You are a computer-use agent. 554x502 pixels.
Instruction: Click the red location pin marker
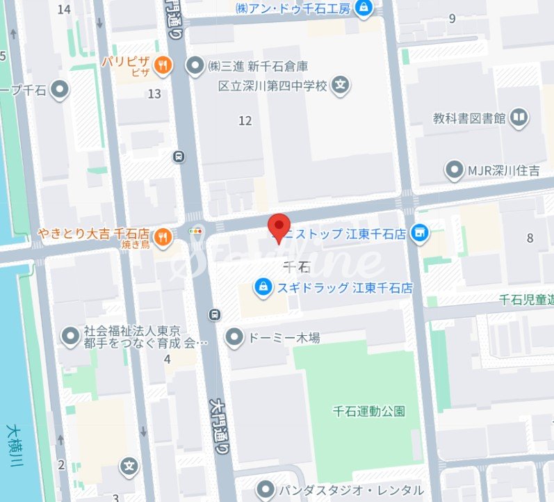coord(279,226)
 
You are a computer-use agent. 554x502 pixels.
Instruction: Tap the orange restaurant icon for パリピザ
coord(163,65)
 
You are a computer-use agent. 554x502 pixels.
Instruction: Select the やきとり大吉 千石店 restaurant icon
coord(162,237)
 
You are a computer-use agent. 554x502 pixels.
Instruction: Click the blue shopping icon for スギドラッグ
coord(263,286)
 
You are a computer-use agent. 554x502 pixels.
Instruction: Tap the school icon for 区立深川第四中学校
coord(340,86)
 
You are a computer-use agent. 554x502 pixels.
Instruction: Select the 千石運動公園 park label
coord(368,410)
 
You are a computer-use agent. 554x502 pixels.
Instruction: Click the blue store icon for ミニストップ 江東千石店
coord(419,234)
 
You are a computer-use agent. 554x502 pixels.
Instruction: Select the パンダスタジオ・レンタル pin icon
coord(264,489)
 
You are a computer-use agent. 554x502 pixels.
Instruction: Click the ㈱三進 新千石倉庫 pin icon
coord(196,65)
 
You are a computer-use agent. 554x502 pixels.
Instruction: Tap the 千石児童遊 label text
coord(526,300)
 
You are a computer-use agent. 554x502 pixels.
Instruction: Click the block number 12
coord(245,121)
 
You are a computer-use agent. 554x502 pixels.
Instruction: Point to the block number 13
coord(154,94)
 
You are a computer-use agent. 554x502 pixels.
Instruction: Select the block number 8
coord(530,238)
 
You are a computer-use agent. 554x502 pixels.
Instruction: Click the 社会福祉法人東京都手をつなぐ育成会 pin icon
coord(70,337)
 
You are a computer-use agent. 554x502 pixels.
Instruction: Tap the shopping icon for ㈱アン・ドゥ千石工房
coord(363,8)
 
